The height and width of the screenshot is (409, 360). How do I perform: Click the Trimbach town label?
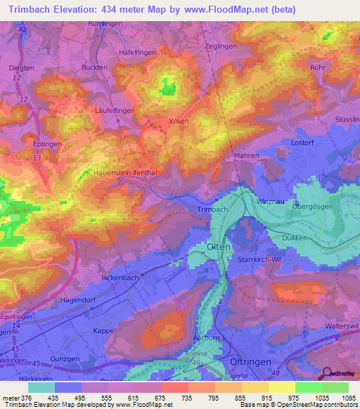[212, 209]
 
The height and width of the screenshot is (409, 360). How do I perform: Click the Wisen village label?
[179, 122]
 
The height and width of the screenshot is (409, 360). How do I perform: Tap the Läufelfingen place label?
[114, 111]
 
